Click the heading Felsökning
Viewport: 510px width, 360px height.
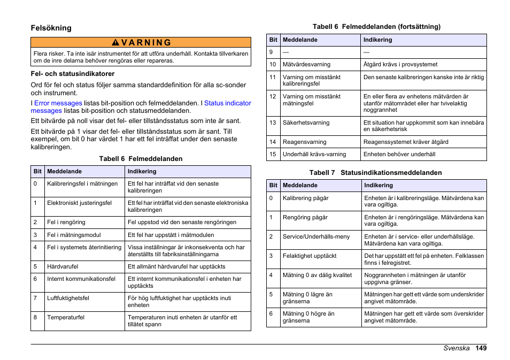[51, 28]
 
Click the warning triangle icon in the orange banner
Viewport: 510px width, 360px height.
[115, 43]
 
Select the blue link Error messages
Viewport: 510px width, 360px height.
[58, 103]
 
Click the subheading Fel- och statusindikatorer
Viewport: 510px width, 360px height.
[72, 74]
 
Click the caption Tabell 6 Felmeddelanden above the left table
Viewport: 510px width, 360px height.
[141, 159]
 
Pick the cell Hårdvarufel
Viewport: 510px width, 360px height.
[63, 266]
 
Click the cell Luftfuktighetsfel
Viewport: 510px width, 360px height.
[68, 298]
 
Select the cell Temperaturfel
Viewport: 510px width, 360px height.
[66, 317]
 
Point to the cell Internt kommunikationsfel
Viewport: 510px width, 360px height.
[81, 279]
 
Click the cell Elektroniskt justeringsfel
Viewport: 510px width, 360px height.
[79, 203]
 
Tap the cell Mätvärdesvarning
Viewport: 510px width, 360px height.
[306, 64]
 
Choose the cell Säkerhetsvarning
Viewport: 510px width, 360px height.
[306, 122]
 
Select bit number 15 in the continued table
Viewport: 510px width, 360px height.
[273, 154]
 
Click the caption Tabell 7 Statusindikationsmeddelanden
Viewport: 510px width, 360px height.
[376, 173]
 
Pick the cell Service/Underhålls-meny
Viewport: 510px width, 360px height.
[316, 236]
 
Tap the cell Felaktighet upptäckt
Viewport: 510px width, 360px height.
[310, 256]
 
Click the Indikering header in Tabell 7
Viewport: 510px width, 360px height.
[378, 186]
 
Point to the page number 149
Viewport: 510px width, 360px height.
[481, 348]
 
